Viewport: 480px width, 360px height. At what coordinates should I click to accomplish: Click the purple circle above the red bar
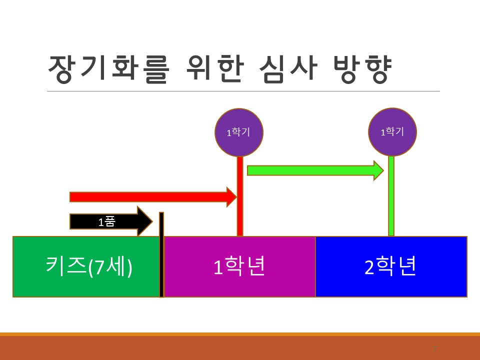[239, 132]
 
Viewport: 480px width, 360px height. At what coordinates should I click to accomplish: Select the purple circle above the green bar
[392, 132]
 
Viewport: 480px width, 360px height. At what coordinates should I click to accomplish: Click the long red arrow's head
[231, 197]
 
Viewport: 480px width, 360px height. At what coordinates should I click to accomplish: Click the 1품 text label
[106, 221]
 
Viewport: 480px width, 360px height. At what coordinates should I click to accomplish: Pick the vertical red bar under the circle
[240, 200]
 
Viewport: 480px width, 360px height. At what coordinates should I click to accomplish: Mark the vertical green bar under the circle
[391, 200]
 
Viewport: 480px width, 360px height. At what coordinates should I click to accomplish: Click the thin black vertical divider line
[161, 255]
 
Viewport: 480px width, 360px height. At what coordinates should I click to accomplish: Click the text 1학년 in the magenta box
[239, 267]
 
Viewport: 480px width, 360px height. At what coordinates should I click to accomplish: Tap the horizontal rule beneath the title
[243, 91]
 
